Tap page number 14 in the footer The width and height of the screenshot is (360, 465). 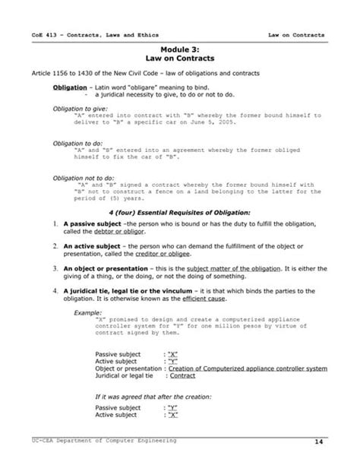coord(323,441)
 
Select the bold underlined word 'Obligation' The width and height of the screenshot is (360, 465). coord(69,87)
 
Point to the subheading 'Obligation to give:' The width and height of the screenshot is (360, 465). coord(80,109)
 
